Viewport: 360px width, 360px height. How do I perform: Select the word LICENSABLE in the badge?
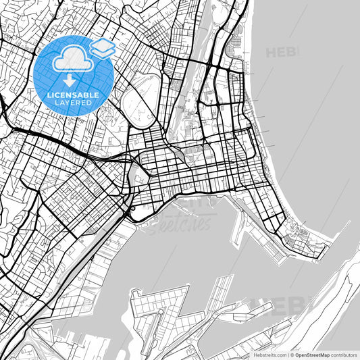73,95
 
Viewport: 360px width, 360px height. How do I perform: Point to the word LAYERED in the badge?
73,103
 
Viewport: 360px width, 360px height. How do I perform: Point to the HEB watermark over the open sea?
282,52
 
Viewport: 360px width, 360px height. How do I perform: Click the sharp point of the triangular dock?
187,286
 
